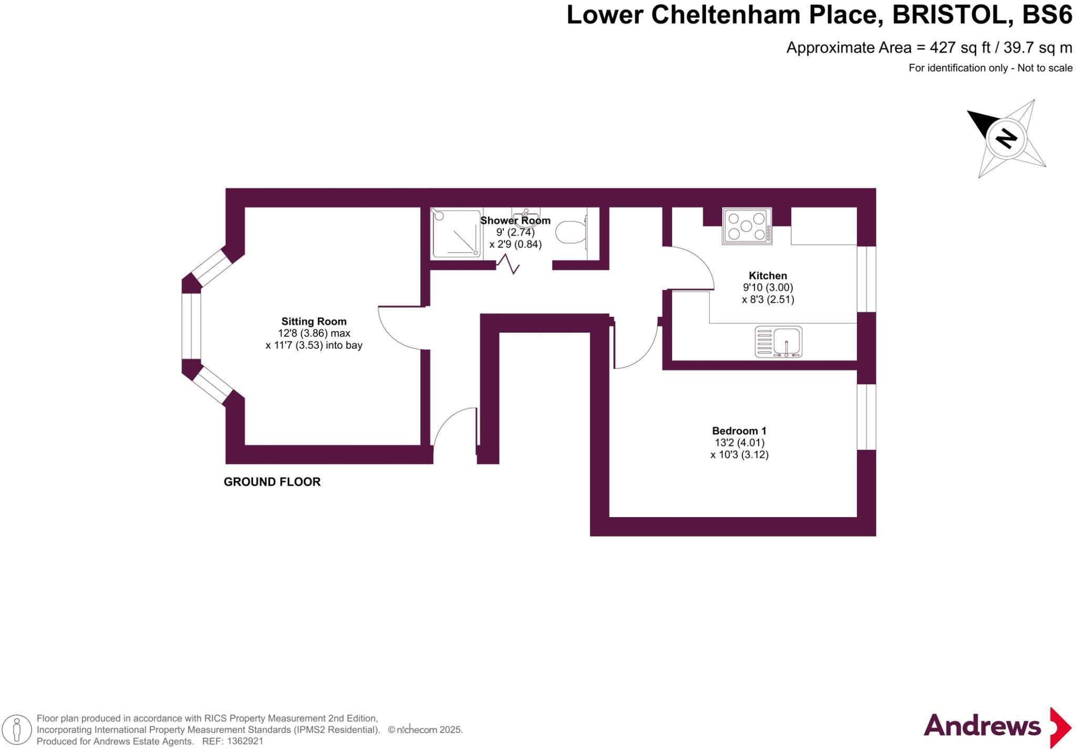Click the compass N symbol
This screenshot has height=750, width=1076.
point(1006,138)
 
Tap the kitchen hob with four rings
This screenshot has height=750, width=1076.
point(747,226)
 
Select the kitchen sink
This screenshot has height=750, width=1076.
point(779,342)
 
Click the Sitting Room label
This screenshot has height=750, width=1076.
point(314,321)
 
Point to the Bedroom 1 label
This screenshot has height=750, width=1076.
point(739,430)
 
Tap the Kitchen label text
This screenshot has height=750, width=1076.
point(768,275)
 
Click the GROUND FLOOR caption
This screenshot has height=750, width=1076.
point(272,481)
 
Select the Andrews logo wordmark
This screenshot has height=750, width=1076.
point(981,726)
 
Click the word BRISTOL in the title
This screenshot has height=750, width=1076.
point(953,15)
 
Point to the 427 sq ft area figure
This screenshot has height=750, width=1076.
point(959,48)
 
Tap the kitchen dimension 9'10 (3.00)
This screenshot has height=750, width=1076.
point(768,287)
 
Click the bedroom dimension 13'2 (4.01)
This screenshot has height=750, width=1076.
point(739,443)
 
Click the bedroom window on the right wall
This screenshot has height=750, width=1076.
point(866,417)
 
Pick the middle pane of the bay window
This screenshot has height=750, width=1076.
point(191,326)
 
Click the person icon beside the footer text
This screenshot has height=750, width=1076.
point(17,730)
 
